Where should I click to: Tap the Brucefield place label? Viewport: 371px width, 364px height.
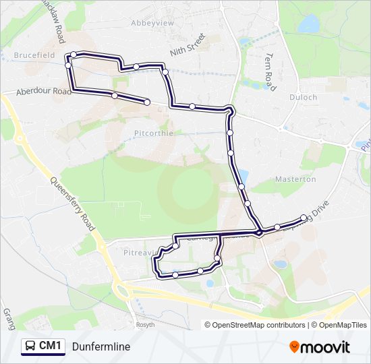click(x=33, y=55)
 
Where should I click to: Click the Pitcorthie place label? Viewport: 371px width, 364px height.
click(x=153, y=133)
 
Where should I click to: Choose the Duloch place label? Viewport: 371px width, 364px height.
click(x=304, y=97)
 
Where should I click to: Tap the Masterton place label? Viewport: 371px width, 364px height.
click(x=295, y=179)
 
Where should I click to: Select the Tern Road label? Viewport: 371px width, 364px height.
click(x=270, y=72)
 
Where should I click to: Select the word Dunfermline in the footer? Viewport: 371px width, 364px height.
click(x=101, y=346)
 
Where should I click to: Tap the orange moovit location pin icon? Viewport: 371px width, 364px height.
click(x=295, y=346)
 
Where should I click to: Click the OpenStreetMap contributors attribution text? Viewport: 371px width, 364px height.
click(x=259, y=325)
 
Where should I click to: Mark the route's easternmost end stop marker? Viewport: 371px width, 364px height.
click(x=304, y=217)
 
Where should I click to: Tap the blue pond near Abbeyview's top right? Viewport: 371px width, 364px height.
click(x=309, y=24)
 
